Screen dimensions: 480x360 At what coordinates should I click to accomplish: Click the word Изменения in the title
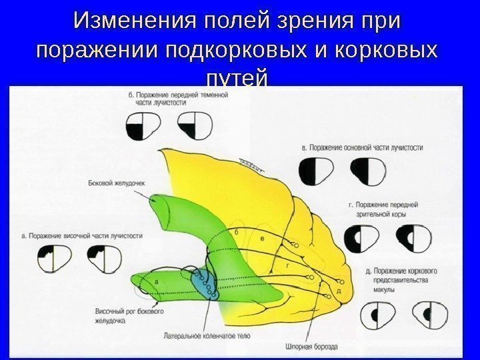[133, 21]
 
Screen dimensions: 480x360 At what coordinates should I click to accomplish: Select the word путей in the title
[239, 79]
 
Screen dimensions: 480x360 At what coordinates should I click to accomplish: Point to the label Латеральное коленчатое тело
[207, 337]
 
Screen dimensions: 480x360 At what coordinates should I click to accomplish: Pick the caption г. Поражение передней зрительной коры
[382, 212]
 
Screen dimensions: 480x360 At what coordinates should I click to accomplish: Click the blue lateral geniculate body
[201, 284]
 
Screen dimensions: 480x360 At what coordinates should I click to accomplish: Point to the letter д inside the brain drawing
[339, 291]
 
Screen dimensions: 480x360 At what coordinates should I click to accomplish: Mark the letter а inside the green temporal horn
[155, 282]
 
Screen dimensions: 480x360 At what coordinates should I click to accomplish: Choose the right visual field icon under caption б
[195, 127]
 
